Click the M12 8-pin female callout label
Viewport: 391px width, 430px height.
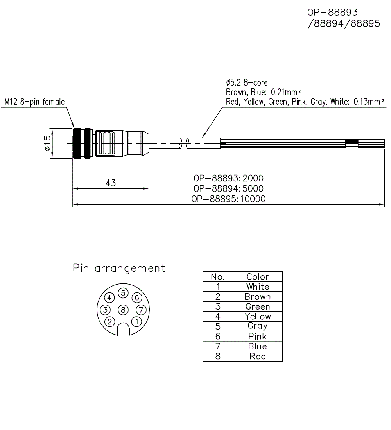coord(35,102)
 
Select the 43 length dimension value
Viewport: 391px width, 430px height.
coord(111,183)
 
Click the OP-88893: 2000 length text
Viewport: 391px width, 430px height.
coord(228,178)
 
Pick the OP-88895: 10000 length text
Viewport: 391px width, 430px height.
coord(228,199)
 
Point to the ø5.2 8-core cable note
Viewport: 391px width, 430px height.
coord(247,83)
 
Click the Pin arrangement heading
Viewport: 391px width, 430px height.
coord(119,268)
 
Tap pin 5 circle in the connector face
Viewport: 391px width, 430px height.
coord(123,293)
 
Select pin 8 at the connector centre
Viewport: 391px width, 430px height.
coord(123,310)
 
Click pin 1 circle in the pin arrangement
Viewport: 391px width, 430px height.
coord(136,322)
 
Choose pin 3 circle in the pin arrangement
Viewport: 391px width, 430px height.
coord(106,310)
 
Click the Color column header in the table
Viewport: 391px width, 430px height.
coord(257,277)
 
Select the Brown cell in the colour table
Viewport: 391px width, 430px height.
coord(257,297)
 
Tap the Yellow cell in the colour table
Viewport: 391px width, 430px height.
coord(257,316)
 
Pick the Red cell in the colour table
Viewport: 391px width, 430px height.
coord(257,356)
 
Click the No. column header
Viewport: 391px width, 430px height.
coord(218,277)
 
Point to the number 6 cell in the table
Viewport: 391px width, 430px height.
coord(218,336)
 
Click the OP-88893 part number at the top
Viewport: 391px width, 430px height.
coord(332,13)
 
